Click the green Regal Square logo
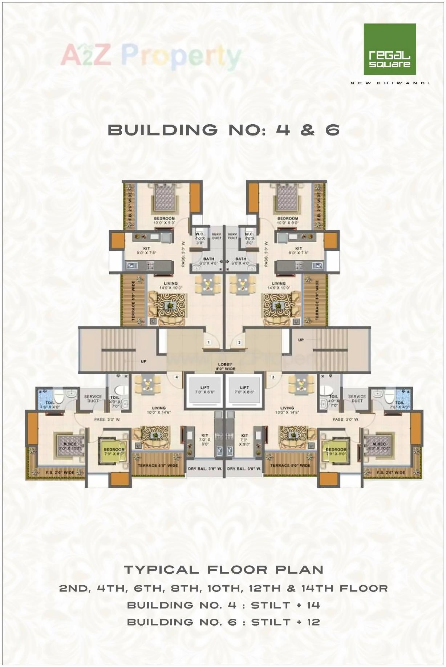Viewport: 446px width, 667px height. point(389,49)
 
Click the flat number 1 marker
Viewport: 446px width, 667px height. point(208,342)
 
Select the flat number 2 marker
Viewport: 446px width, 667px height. point(239,342)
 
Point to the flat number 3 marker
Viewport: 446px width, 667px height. point(273,377)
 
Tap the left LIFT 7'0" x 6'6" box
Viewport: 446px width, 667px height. point(204,390)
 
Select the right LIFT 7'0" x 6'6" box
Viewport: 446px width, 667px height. point(244,390)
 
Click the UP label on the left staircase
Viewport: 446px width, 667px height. point(144,361)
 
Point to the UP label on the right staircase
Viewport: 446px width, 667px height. point(301,340)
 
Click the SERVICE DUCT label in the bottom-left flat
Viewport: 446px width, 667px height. point(93,399)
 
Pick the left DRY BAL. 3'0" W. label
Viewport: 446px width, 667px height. point(205,469)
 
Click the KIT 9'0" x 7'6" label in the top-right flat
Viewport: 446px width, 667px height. point(299,250)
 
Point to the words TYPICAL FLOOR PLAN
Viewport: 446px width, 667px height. point(223,569)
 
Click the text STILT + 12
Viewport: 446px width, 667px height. point(285,622)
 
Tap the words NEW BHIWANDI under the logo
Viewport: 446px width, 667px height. point(390,83)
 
